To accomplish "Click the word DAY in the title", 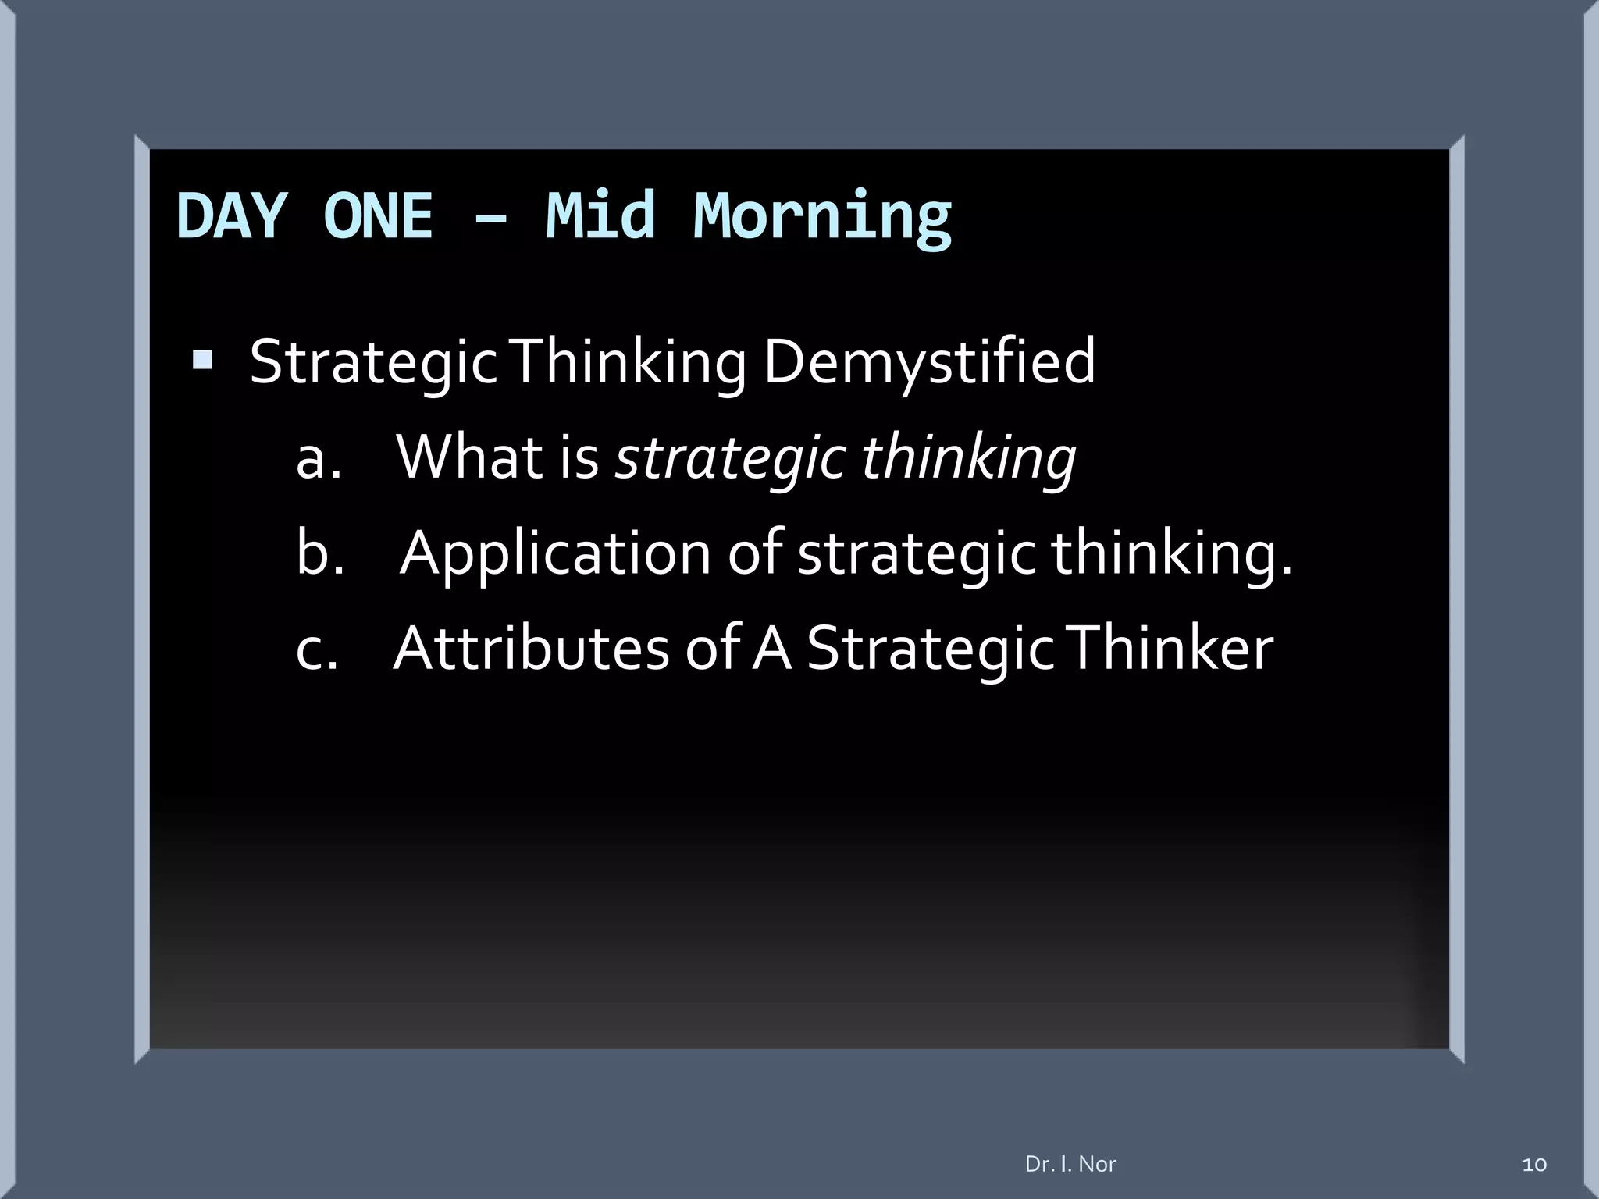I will (231, 216).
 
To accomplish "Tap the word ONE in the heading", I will (378, 216).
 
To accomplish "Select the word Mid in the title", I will (600, 216).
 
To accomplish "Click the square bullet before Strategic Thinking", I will (202, 360).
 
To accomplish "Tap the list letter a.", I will (318, 459).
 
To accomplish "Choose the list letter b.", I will (319, 553).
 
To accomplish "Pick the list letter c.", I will (316, 649).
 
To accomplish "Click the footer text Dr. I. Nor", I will (1070, 1164).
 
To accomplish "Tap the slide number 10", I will (1533, 1165).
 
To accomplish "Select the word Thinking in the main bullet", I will (629, 363).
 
